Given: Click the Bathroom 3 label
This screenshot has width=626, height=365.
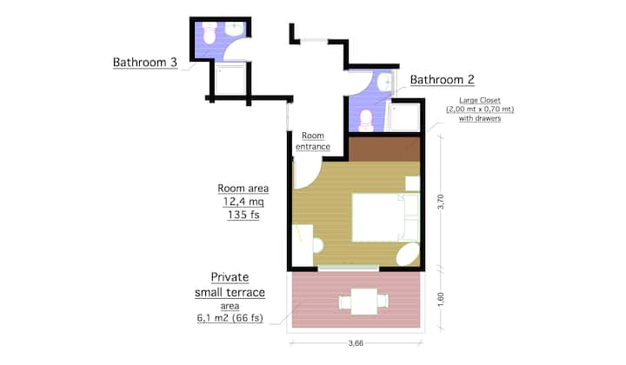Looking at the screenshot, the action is click(145, 63).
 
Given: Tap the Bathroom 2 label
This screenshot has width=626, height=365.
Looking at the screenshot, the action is click(442, 80).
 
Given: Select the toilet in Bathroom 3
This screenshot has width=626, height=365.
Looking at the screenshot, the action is click(210, 33).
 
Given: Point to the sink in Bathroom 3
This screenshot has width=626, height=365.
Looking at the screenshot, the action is click(235, 29).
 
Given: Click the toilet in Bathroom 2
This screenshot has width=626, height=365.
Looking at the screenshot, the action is click(366, 121).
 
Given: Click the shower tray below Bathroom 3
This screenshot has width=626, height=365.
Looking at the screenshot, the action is click(230, 80).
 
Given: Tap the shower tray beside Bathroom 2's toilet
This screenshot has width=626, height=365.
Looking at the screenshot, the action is click(404, 117).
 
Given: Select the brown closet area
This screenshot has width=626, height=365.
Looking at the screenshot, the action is click(384, 149).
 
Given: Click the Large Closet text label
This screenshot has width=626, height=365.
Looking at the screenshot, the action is click(480, 109).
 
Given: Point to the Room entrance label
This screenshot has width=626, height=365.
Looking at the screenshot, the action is click(313, 141).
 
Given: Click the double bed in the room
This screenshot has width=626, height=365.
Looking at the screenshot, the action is click(385, 218).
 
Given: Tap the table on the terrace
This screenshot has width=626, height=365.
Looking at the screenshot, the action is click(363, 302).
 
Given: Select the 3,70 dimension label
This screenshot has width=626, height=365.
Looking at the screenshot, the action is click(441, 202).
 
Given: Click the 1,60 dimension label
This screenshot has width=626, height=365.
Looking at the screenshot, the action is click(441, 300).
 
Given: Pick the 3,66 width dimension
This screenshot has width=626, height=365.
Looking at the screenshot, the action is click(356, 343).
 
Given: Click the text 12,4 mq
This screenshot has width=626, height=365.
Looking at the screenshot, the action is click(243, 202).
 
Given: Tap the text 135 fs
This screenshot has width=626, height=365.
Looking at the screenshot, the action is click(243, 215).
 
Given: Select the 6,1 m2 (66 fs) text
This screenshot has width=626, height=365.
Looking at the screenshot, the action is click(230, 318).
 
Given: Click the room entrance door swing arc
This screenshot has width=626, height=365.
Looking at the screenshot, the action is click(313, 181).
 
